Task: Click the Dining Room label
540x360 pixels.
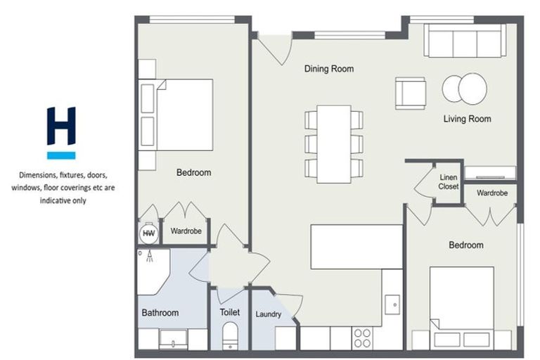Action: [x=328, y=69]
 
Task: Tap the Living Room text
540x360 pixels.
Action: [x=467, y=119]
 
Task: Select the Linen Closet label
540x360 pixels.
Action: [x=449, y=182]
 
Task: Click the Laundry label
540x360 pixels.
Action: [x=269, y=314]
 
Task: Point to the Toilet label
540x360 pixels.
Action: [x=229, y=312]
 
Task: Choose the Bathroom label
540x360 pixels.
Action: [x=160, y=313]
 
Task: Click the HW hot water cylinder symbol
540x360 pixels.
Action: [x=148, y=233]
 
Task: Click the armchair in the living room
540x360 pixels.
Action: [x=410, y=93]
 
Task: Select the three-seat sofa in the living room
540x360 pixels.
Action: [x=465, y=41]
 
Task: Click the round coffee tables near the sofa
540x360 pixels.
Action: [x=464, y=89]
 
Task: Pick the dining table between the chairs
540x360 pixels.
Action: [x=333, y=143]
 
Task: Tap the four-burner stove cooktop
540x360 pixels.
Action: [x=363, y=338]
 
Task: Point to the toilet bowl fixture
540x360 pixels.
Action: [x=230, y=336]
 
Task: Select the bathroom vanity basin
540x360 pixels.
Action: [x=172, y=340]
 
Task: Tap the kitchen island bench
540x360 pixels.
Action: [x=356, y=246]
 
